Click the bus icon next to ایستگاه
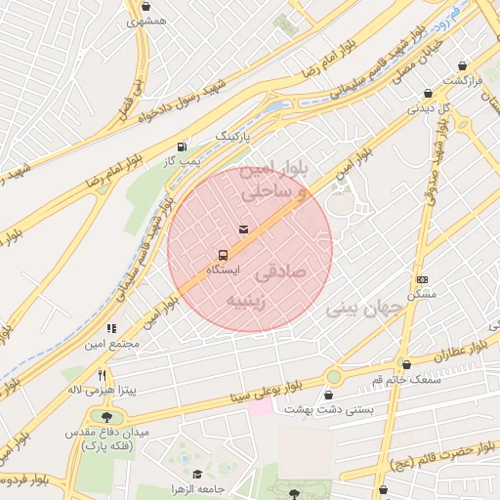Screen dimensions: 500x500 [x=224, y=255]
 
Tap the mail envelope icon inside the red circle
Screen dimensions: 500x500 [x=243, y=229]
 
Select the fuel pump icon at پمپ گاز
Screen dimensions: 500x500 [x=182, y=146]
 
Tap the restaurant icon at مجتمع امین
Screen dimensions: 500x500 [x=111, y=329]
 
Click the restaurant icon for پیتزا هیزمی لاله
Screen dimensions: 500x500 [x=101, y=375]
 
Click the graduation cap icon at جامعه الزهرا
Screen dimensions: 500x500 [x=197, y=475]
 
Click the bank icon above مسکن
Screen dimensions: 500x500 [x=421, y=279]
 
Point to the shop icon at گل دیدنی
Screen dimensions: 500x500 [x=428, y=93]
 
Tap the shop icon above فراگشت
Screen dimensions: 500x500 [x=462, y=66]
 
